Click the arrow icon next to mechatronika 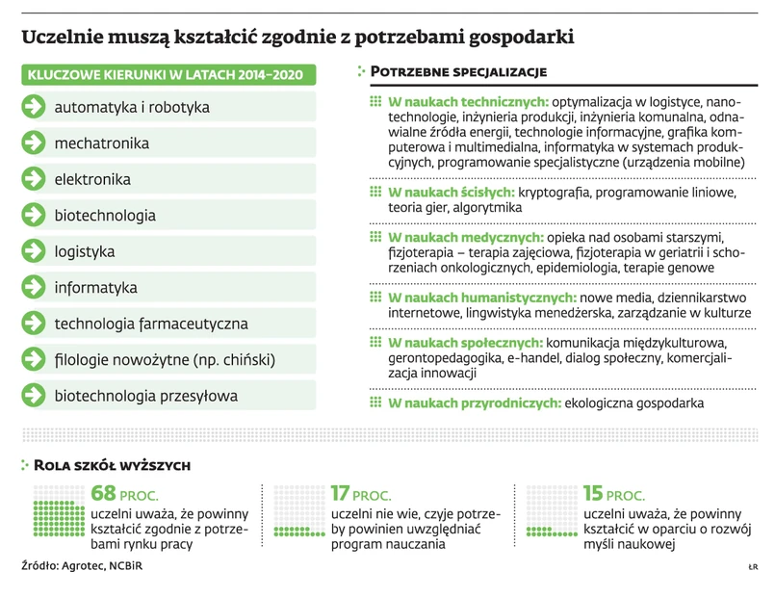34,143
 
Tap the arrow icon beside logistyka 34,251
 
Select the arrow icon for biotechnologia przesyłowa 34,396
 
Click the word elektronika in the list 92,179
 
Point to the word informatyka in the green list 95,288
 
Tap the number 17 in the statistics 340,493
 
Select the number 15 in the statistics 594,493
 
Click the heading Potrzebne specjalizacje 458,72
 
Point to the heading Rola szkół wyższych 112,466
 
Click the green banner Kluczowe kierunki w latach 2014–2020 167,75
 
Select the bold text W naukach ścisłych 452,193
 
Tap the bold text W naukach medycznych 466,238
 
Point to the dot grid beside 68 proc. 59,510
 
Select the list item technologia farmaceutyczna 151,324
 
